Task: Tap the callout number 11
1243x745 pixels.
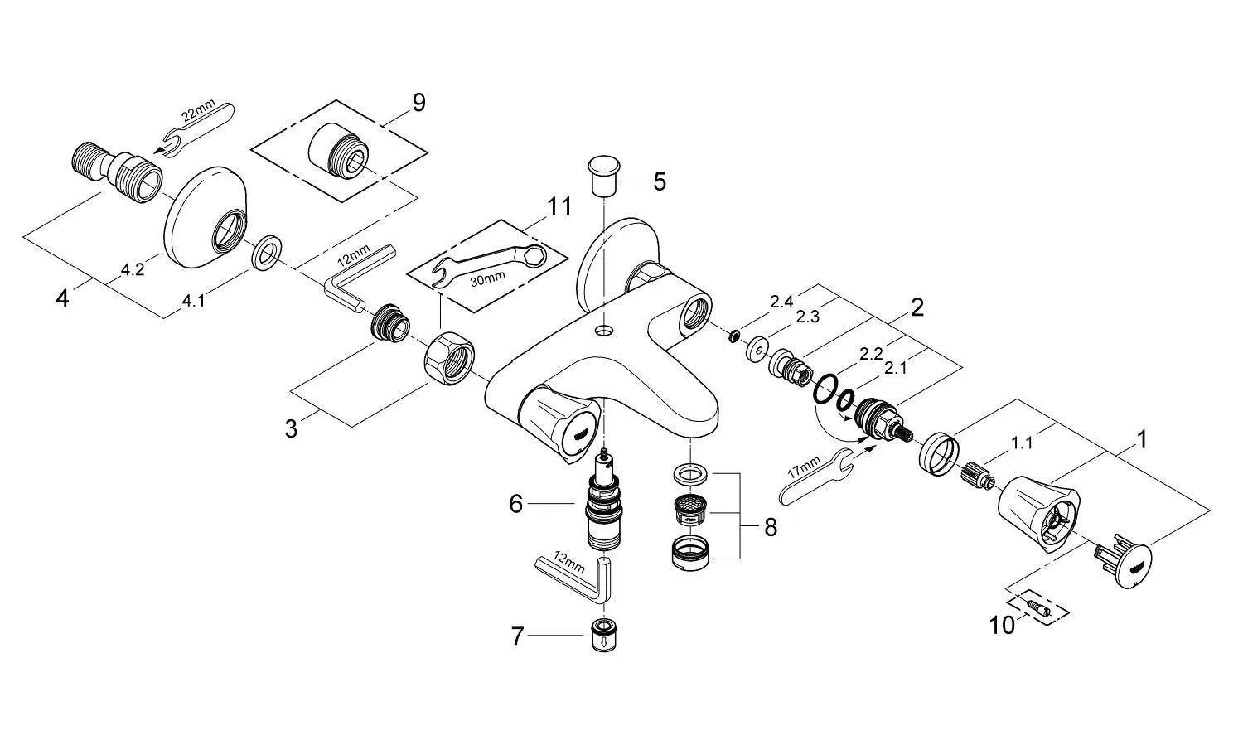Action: pos(560,206)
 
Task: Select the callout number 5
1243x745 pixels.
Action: pos(659,181)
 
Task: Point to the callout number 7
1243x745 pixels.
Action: pos(518,636)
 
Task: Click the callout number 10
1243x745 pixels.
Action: pos(1002,624)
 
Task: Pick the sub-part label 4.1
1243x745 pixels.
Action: pos(193,301)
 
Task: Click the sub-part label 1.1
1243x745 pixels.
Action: pos(1022,443)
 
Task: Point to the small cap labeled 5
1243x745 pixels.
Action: pos(604,172)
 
